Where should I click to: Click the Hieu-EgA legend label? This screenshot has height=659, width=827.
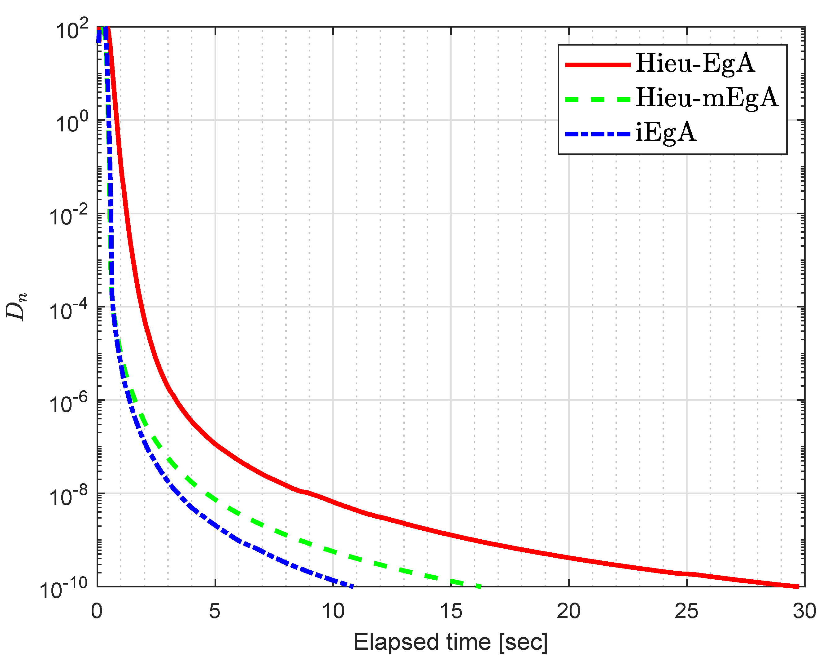(695, 64)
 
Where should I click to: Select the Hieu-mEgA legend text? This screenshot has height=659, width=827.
(707, 98)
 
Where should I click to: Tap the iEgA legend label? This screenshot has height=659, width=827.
(665, 133)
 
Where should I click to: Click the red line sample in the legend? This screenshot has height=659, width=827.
(597, 65)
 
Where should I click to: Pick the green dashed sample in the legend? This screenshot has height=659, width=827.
(597, 100)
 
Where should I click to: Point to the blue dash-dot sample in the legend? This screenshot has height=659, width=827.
(597, 134)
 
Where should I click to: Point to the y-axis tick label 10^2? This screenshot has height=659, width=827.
(72, 30)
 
